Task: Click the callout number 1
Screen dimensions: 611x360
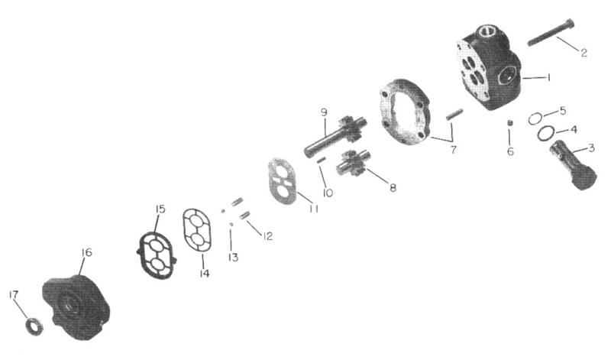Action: pyautogui.click(x=548, y=78)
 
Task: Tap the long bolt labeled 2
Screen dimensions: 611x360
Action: pyautogui.click(x=551, y=32)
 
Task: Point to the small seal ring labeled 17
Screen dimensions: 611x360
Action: pyautogui.click(x=34, y=326)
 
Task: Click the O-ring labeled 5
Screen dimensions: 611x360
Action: pyautogui.click(x=535, y=118)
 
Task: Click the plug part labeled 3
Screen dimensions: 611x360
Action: pyautogui.click(x=573, y=165)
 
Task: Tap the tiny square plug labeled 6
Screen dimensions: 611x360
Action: pyautogui.click(x=509, y=123)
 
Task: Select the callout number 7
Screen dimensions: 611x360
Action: pyautogui.click(x=453, y=149)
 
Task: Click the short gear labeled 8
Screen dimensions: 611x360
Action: pyautogui.click(x=351, y=164)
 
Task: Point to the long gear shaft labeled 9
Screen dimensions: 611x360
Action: pyautogui.click(x=335, y=136)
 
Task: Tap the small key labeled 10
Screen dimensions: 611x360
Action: pyautogui.click(x=321, y=160)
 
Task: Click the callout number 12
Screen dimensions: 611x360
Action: pyautogui.click(x=267, y=236)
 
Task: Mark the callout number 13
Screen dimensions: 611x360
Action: pyautogui.click(x=233, y=258)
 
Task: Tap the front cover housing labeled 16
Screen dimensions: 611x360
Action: pyautogui.click(x=76, y=307)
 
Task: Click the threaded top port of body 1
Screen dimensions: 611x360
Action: pyautogui.click(x=488, y=31)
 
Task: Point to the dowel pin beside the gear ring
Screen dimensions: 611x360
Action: pyautogui.click(x=454, y=114)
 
